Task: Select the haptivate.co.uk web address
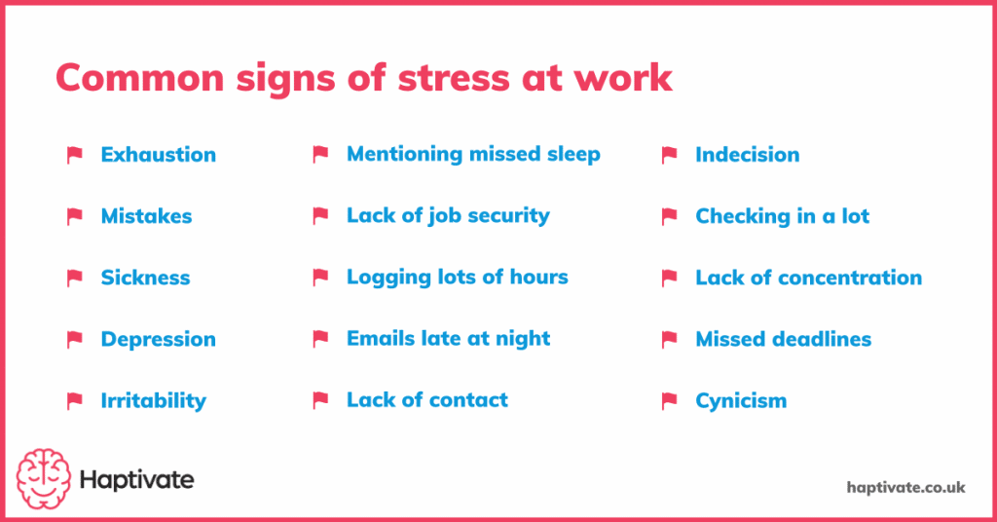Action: coord(905,487)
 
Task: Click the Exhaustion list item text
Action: coord(158,155)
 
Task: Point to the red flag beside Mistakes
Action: coord(75,216)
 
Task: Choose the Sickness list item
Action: coord(145,278)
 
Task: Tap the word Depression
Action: coord(158,339)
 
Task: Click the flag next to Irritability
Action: coord(75,400)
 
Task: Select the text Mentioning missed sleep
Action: coord(473,154)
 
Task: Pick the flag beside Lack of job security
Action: coord(320,215)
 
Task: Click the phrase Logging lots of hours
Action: coord(457,277)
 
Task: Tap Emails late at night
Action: coord(448,339)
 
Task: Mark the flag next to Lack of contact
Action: coord(320,399)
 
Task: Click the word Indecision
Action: coord(747,155)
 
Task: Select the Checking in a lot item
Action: coord(782,216)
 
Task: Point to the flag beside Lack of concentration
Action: coord(669,278)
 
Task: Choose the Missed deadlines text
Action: coord(783,339)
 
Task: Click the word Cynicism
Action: coord(740,400)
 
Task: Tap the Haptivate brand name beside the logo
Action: coord(137,480)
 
